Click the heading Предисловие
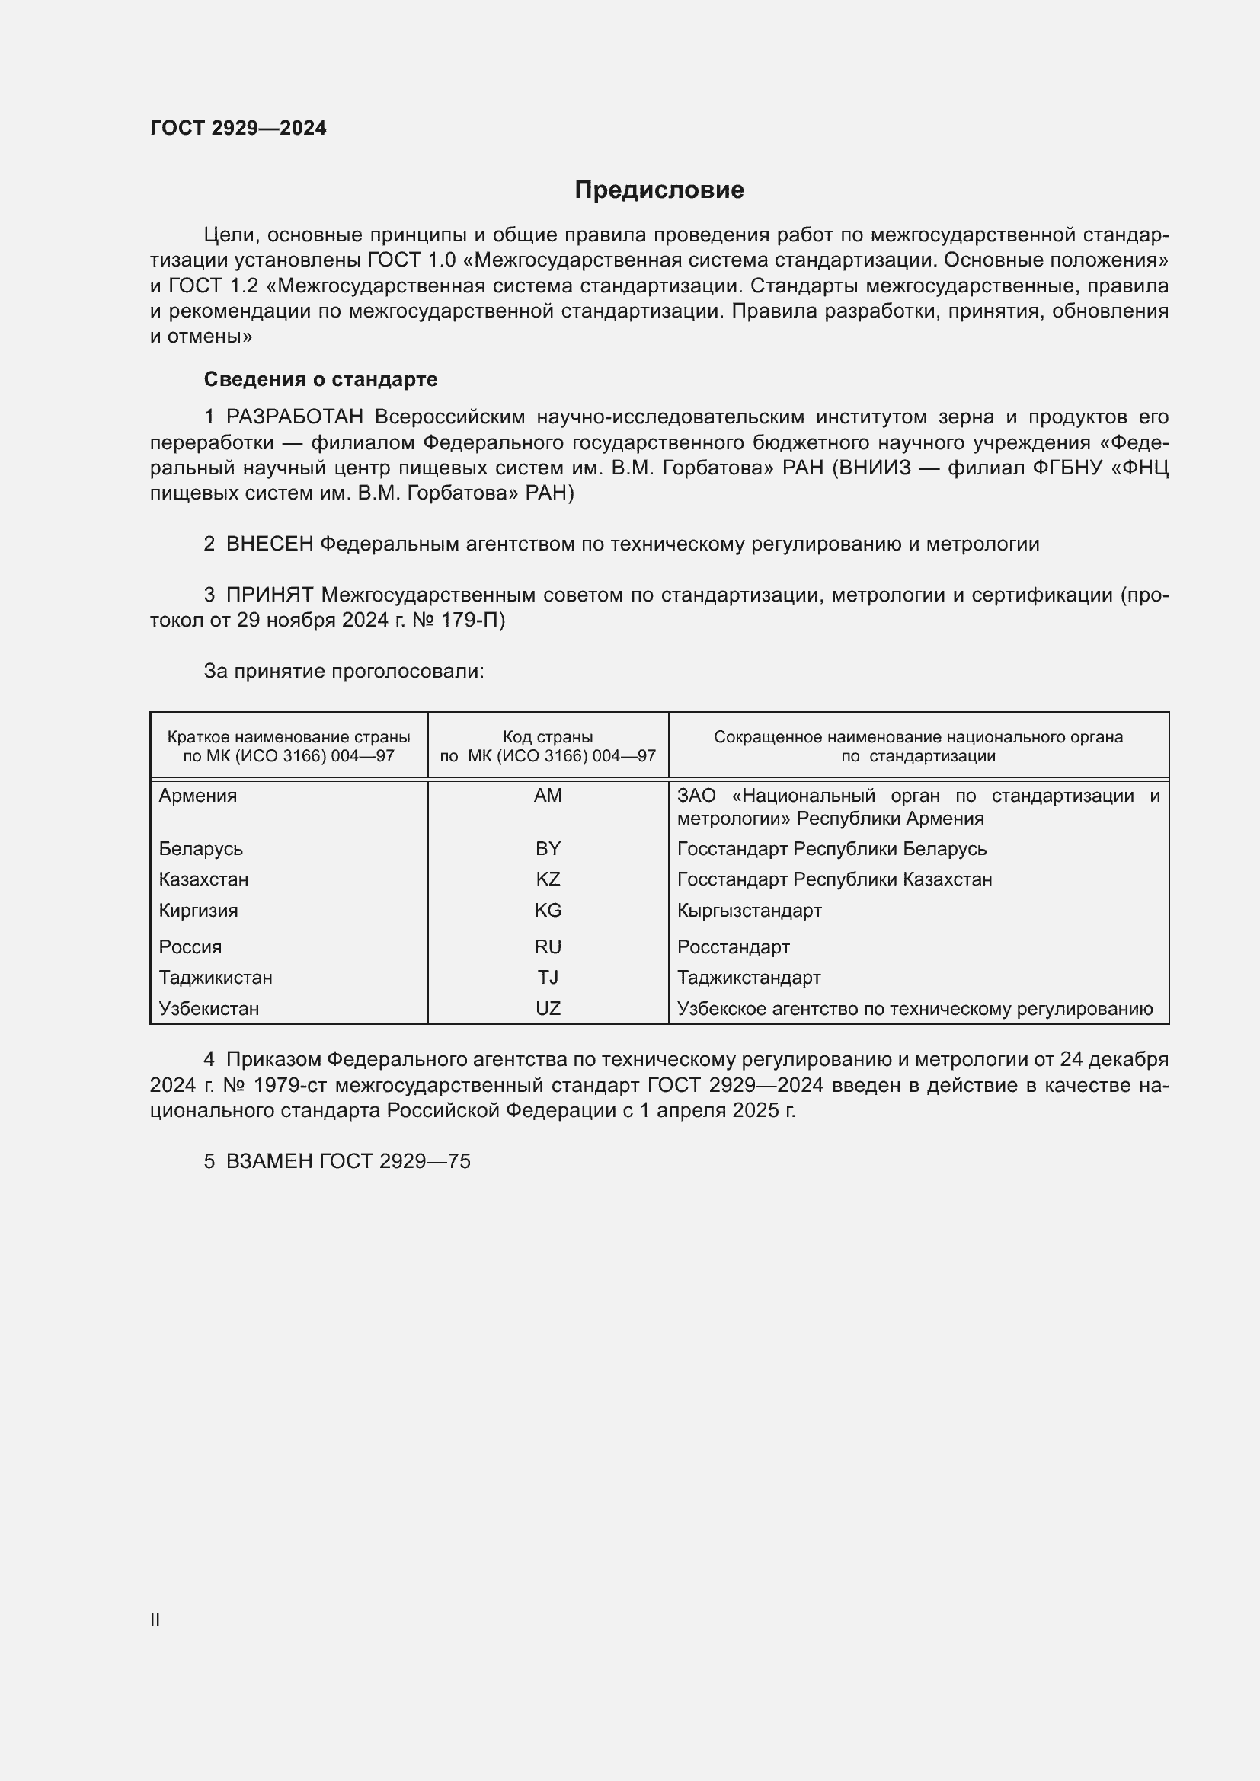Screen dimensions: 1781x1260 click(x=659, y=190)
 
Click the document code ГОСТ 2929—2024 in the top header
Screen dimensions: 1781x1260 click(x=238, y=128)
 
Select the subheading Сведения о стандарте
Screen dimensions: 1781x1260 click(x=321, y=379)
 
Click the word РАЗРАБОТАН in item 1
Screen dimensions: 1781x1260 click(x=295, y=417)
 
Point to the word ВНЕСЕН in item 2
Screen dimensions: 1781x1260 click(x=270, y=544)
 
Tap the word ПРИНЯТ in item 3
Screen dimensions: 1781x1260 click(x=270, y=595)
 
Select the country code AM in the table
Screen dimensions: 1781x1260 click(x=548, y=796)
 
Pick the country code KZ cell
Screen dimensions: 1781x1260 click(x=548, y=879)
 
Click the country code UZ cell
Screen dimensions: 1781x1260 click(x=548, y=1009)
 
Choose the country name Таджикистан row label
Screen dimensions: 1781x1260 click(x=216, y=978)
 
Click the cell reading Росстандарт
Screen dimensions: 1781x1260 click(x=733, y=947)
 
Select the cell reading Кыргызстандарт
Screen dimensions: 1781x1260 click(x=749, y=911)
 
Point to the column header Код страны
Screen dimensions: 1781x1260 click(x=548, y=738)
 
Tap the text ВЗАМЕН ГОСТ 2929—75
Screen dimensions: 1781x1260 click(x=347, y=1161)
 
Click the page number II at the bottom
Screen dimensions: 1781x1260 click(x=155, y=1620)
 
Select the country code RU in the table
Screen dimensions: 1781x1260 click(x=548, y=947)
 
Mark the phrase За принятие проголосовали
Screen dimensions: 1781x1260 click(x=344, y=671)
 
